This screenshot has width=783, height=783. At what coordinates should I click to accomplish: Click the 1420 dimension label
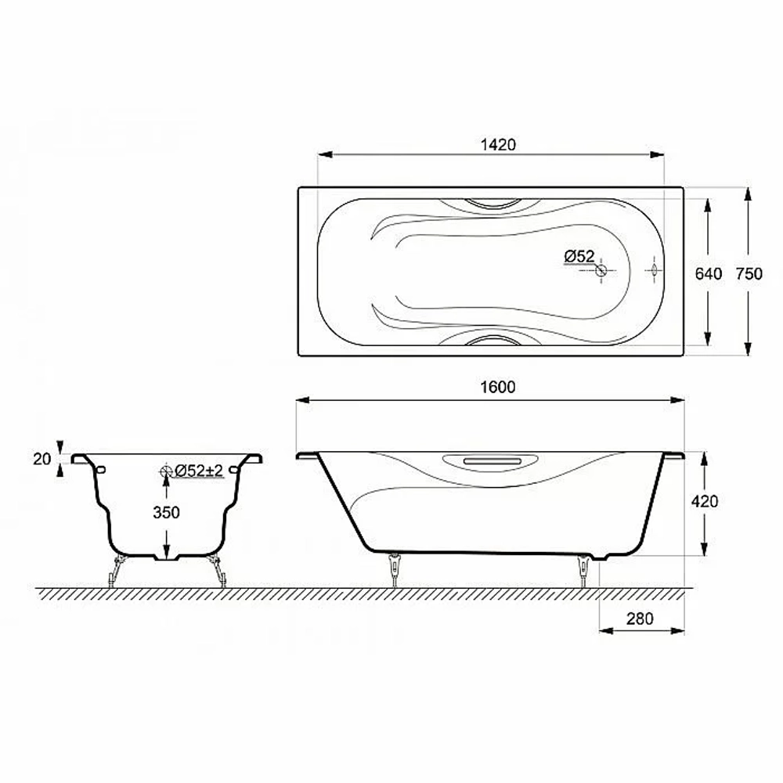498,145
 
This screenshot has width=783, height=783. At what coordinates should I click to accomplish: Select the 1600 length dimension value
498,387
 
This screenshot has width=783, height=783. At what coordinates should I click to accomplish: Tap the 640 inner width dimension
709,273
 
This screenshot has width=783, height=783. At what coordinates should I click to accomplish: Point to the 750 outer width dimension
749,273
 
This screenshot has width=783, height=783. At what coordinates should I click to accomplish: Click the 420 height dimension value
705,501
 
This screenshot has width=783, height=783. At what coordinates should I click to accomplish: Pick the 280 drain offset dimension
640,619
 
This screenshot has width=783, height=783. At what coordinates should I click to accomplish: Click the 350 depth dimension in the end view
166,512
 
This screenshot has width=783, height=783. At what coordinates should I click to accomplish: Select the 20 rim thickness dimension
42,459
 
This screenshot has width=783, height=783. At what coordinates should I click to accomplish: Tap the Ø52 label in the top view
579,257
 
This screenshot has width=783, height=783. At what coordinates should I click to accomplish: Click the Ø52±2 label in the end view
199,471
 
